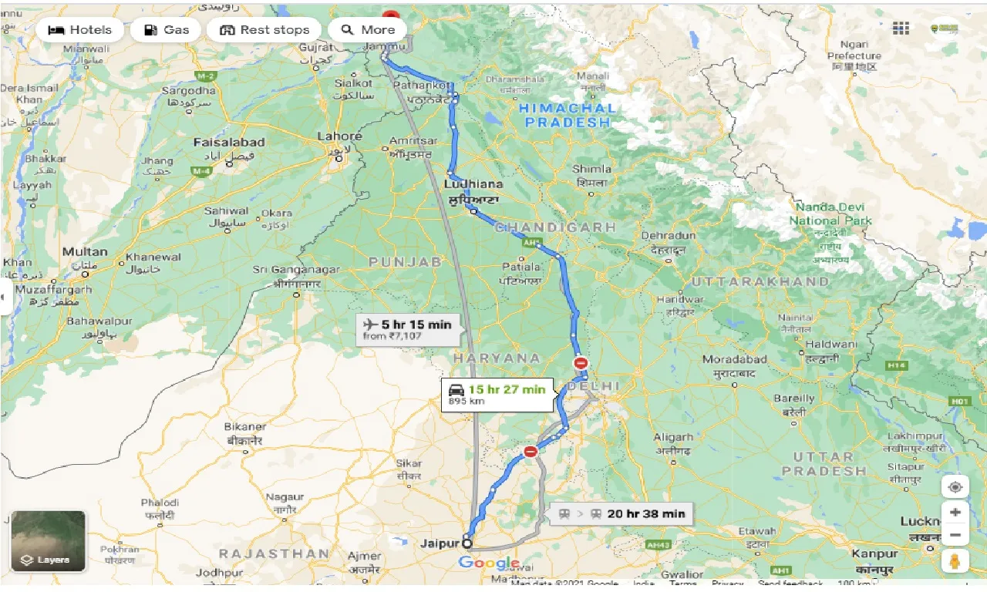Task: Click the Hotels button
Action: point(79,30)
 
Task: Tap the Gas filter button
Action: point(166,30)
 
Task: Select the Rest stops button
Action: point(264,30)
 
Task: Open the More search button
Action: point(368,30)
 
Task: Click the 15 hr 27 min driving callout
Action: point(497,394)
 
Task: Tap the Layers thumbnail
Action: point(49,540)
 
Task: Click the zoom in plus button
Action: point(955,512)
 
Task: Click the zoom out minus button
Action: point(955,535)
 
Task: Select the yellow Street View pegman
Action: point(955,562)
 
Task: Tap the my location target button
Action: point(955,487)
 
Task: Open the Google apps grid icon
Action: point(901,29)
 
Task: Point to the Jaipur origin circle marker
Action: point(467,543)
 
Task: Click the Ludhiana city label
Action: point(473,184)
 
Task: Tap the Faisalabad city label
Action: point(229,143)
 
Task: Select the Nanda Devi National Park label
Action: point(830,214)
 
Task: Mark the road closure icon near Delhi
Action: point(581,363)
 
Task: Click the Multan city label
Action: point(85,252)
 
